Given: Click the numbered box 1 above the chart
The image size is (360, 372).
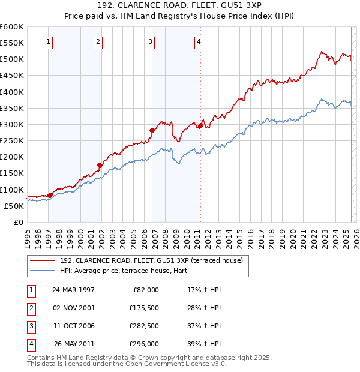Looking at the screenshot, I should [47, 41].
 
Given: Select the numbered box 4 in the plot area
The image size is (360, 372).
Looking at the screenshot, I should [199, 41].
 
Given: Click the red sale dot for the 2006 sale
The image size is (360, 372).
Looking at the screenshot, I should [152, 130].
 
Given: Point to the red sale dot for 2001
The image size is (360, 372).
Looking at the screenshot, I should [100, 165].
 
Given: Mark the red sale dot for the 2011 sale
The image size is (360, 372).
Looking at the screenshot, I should [200, 126].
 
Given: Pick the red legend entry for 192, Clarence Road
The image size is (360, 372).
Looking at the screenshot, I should [151, 260].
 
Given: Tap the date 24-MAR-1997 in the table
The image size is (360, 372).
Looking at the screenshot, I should [74, 290].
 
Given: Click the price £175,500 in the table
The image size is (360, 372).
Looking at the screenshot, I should [144, 308].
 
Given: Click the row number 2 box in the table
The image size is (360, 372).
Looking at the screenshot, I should [31, 308].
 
